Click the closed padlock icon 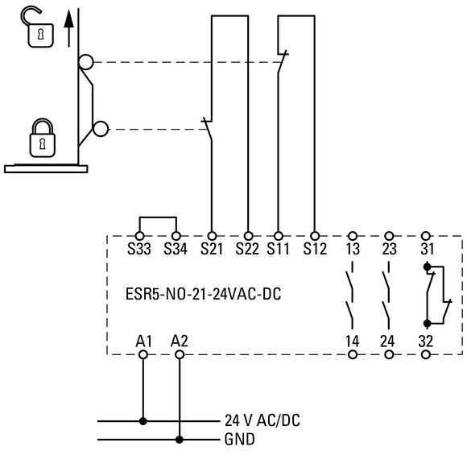click(43, 138)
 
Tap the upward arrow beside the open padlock click(68, 28)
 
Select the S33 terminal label click(139, 249)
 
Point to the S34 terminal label click(176, 249)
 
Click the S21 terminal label click(212, 249)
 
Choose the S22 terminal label click(247, 249)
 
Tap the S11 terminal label click(278, 249)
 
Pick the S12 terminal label click(315, 249)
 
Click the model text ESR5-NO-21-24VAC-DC click(204, 294)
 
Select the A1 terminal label click(144, 341)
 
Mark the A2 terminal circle click(180, 355)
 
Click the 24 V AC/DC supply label click(262, 420)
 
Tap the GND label click(240, 440)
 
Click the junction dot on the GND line click(180, 440)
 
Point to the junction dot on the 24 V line click(143, 421)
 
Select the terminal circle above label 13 click(353, 236)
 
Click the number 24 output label click(387, 341)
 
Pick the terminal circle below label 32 click(426, 355)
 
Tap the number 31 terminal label click(428, 249)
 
